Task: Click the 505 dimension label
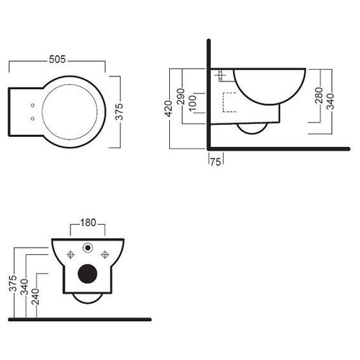pos(57,59)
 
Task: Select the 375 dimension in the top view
pos(119,112)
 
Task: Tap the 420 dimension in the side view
pos(168,109)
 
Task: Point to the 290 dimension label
pos(181,96)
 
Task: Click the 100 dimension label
pos(192,104)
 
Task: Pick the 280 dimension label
pos(319,95)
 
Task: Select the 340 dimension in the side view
pos(330,102)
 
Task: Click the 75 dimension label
pos(215,162)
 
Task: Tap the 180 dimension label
pos(88,222)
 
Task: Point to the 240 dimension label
pos(35,297)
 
